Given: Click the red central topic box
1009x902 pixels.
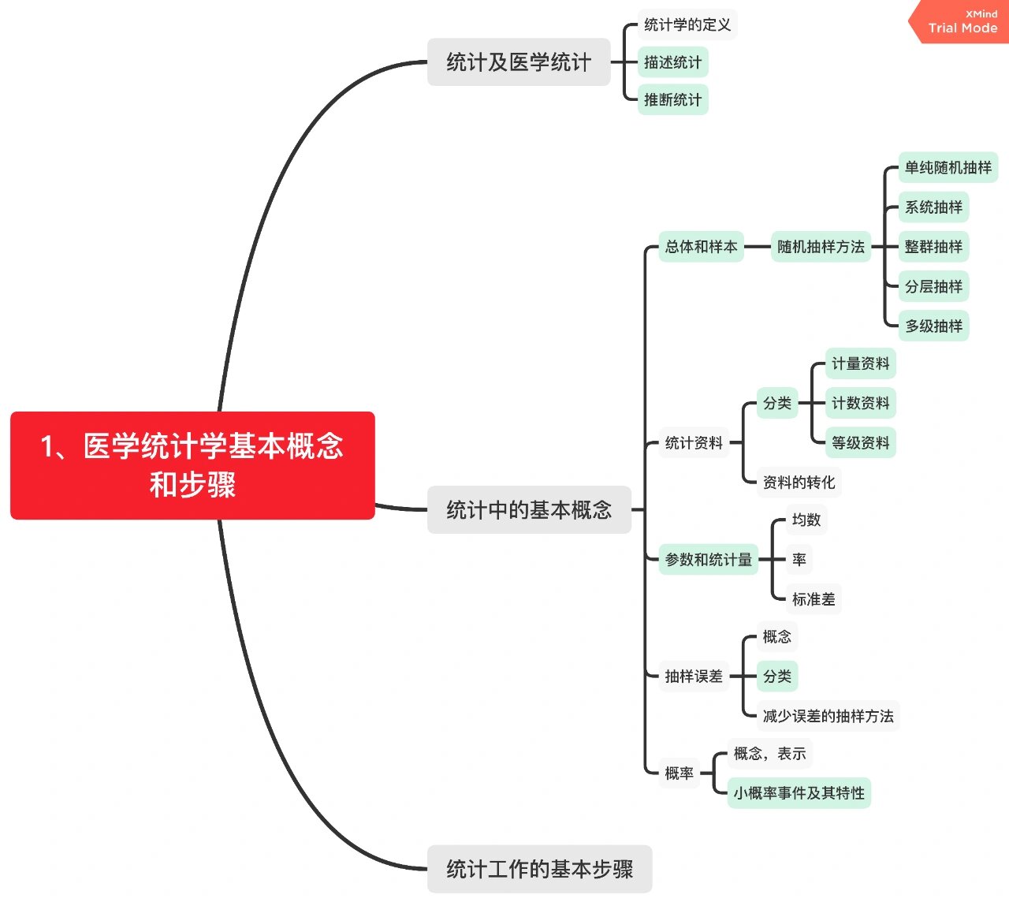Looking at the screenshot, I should [192, 465].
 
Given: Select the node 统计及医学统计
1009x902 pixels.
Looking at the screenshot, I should [519, 62].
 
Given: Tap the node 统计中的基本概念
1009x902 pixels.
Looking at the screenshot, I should [529, 510].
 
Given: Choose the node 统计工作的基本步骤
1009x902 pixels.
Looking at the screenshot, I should [539, 869].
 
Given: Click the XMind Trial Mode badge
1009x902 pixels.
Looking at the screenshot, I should [961, 22].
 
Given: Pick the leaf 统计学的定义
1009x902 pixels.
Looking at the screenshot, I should [687, 25].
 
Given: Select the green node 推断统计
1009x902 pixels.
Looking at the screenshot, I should [672, 100].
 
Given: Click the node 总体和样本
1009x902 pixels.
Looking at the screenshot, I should [701, 247].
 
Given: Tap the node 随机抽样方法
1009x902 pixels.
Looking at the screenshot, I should [821, 247].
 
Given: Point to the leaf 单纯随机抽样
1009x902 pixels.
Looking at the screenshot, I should [948, 168].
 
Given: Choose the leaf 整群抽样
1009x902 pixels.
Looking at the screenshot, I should [933, 247].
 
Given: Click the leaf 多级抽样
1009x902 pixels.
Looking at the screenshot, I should [933, 326].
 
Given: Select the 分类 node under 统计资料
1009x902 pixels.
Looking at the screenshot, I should [777, 403].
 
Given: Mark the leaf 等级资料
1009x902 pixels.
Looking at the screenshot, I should [860, 443].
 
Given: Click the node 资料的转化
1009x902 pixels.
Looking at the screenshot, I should [799, 483].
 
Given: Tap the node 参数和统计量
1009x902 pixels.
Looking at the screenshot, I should [708, 560].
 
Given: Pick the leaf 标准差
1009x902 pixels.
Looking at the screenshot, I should [814, 599].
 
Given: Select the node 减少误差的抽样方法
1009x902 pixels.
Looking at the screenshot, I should [828, 716].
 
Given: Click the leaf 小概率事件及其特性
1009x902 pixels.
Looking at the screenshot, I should [799, 793].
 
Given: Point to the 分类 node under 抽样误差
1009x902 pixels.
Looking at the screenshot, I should [777, 676].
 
